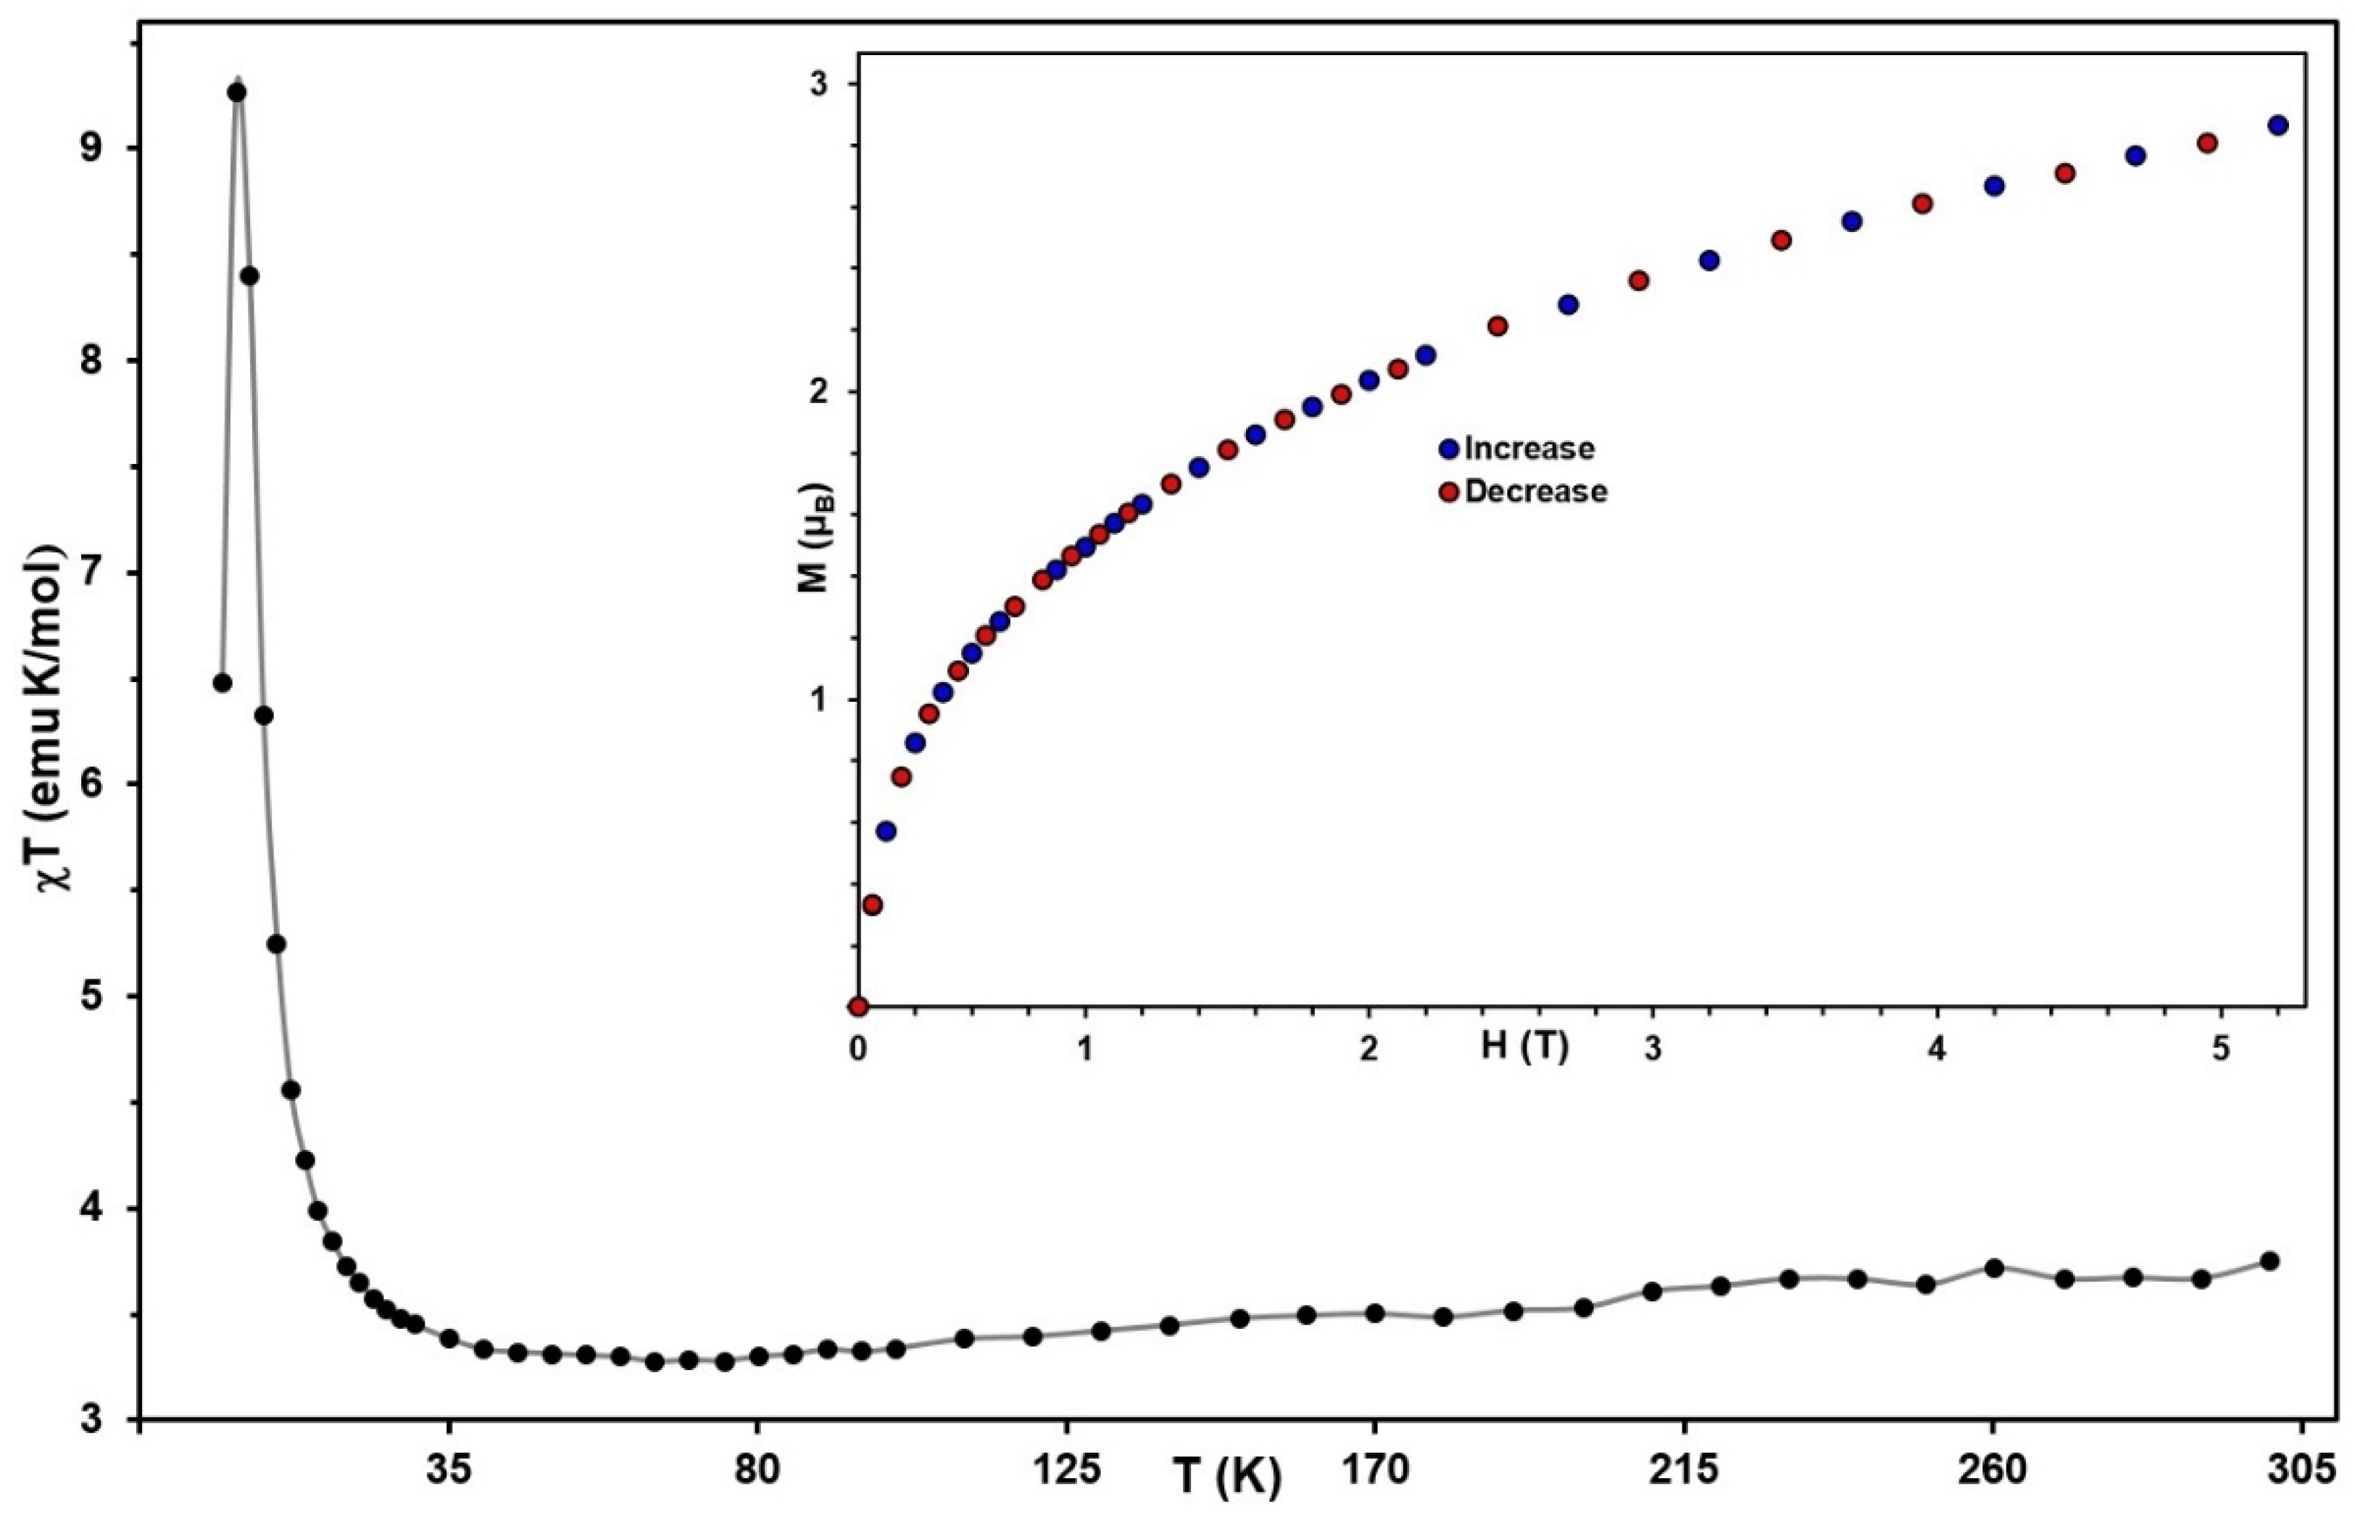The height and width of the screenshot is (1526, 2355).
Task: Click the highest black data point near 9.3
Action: tap(236, 92)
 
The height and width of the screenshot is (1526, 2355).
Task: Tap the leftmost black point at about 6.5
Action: tap(223, 683)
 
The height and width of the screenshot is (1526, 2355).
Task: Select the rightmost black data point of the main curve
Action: tap(2271, 1261)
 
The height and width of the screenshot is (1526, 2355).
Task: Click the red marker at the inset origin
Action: tap(858, 1006)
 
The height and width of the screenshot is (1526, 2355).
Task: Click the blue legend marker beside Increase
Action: tap(1450, 448)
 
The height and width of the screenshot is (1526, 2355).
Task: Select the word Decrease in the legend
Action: tap(1536, 491)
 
